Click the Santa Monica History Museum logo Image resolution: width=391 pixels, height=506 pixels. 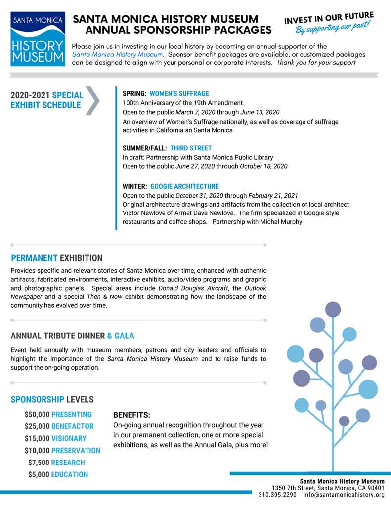tap(38, 39)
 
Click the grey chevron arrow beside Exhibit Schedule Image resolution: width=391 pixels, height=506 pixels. tap(93, 101)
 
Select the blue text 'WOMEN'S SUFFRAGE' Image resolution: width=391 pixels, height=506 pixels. tap(179, 93)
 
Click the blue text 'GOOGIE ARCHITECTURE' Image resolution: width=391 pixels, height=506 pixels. tap(184, 186)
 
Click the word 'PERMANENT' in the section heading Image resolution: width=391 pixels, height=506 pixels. tap(34, 258)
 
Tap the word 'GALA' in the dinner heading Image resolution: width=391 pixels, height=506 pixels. tap(124, 336)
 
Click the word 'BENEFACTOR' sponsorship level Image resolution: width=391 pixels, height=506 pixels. tap(72, 426)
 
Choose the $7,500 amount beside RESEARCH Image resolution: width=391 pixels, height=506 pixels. tap(39, 463)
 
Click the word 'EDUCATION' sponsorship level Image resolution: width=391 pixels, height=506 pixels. tap(69, 474)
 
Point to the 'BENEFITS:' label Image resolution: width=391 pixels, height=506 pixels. tap(131, 415)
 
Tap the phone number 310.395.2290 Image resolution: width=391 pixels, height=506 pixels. tap(277, 494)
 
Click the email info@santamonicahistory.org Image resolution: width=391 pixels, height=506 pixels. tap(344, 494)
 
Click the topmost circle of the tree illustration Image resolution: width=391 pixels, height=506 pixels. tap(333, 309)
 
